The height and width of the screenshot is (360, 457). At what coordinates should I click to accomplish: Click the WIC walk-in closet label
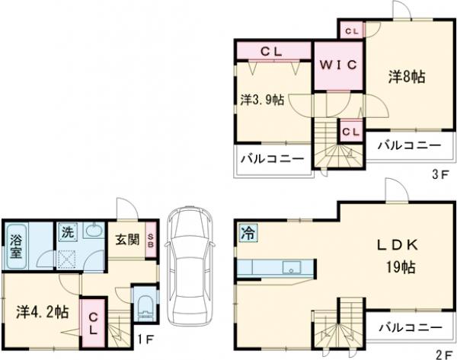tap(339, 65)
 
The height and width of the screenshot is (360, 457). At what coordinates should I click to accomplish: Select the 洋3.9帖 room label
tap(263, 100)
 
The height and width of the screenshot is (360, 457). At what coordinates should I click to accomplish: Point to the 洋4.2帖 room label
tap(43, 311)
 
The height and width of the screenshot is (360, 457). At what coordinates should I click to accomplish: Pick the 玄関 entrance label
tap(128, 241)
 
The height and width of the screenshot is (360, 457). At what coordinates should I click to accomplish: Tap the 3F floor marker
tap(438, 174)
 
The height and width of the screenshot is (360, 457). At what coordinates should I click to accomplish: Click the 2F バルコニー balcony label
tap(411, 327)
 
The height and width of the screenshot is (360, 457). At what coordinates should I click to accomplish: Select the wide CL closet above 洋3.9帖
tap(273, 52)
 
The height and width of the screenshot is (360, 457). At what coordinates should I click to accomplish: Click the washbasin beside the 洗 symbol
tap(93, 231)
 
